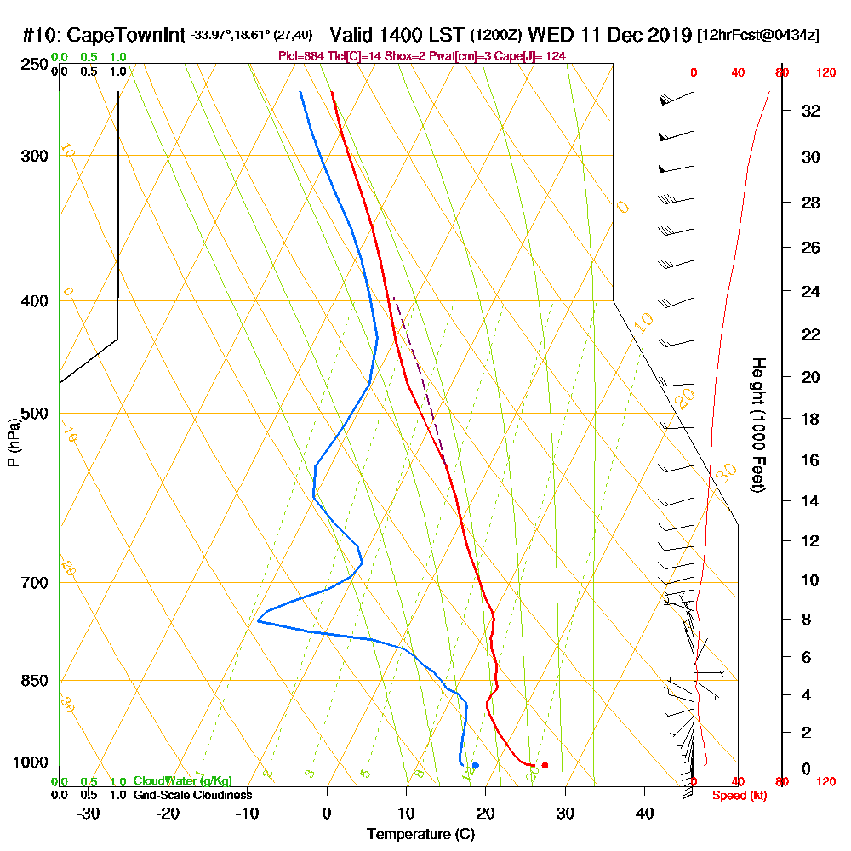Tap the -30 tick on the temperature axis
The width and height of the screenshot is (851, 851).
tap(89, 814)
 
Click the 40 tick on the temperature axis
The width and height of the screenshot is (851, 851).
tap(644, 814)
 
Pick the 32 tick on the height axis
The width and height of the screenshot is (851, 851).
tap(812, 111)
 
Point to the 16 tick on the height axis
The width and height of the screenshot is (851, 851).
tap(812, 460)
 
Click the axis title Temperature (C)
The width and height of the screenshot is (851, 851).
tap(420, 835)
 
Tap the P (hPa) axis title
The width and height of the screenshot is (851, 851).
tap(13, 443)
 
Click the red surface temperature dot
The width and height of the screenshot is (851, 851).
tap(545, 765)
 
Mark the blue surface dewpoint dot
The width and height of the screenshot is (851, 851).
tap(475, 765)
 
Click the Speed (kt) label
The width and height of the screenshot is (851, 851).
tap(735, 796)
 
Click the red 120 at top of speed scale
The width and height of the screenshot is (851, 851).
tap(825, 73)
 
